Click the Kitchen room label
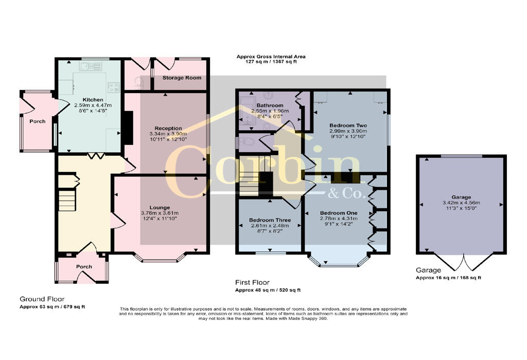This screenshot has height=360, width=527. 93,100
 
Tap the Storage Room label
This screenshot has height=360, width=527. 182,78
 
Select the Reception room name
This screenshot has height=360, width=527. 168,128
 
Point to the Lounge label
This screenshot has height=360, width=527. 160,208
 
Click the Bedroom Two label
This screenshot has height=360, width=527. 348,125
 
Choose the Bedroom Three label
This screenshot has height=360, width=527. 270,220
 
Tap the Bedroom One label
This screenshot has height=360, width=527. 339,213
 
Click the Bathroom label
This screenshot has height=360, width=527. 270,105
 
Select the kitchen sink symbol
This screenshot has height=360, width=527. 91,66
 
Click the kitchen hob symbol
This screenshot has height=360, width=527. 114,87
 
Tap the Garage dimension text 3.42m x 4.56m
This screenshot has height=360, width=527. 461,203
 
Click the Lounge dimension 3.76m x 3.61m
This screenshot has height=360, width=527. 160,213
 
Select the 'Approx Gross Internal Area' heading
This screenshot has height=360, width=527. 271,57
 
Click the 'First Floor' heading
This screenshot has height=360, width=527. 252,282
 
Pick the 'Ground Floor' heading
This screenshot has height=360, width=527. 42,299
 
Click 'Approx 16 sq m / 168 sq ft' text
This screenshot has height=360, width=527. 448,278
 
